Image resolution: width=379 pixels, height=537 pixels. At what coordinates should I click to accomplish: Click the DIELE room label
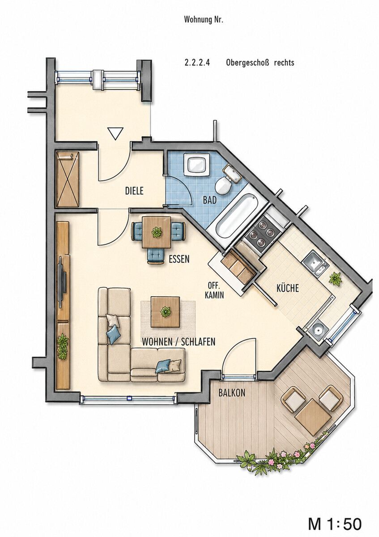[x=134, y=191]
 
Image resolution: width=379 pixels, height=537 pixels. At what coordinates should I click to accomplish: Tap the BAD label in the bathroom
[x=210, y=200]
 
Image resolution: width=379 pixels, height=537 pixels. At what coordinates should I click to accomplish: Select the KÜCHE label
[x=288, y=288]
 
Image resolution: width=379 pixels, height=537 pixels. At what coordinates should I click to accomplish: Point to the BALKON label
[x=232, y=393]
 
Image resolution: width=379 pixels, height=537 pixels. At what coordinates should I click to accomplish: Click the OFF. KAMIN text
[x=214, y=290]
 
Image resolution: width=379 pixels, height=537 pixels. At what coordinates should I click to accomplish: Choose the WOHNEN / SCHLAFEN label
[x=179, y=342]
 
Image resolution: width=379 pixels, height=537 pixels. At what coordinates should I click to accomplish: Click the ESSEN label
[x=179, y=259]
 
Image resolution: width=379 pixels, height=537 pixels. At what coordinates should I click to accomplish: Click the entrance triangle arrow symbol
[x=115, y=133]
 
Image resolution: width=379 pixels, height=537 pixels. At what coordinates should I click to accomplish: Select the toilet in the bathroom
[x=223, y=185]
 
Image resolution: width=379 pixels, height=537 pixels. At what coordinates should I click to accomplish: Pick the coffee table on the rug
[x=165, y=311]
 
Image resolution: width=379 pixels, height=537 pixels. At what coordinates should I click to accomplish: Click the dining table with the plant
[x=157, y=232]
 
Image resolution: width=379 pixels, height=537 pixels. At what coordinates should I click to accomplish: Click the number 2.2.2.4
[x=197, y=63]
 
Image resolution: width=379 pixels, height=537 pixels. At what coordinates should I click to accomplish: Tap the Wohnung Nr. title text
[x=203, y=20]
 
